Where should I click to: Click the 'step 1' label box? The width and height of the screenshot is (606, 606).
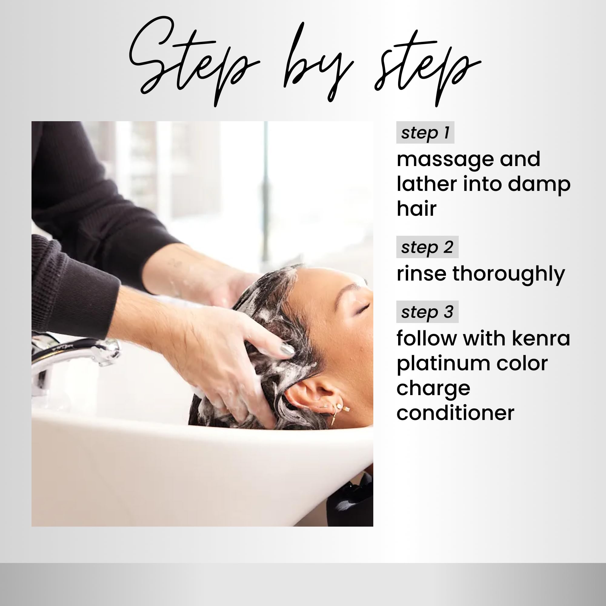[x=425, y=132]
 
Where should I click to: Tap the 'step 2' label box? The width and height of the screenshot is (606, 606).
[x=427, y=247]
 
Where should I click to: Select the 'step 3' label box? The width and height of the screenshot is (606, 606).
[x=427, y=312]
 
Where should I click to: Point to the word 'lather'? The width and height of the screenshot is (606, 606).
[x=427, y=184]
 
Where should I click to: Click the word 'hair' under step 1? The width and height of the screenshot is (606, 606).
[x=417, y=208]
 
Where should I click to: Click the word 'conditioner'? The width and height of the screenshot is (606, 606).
[x=455, y=413]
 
